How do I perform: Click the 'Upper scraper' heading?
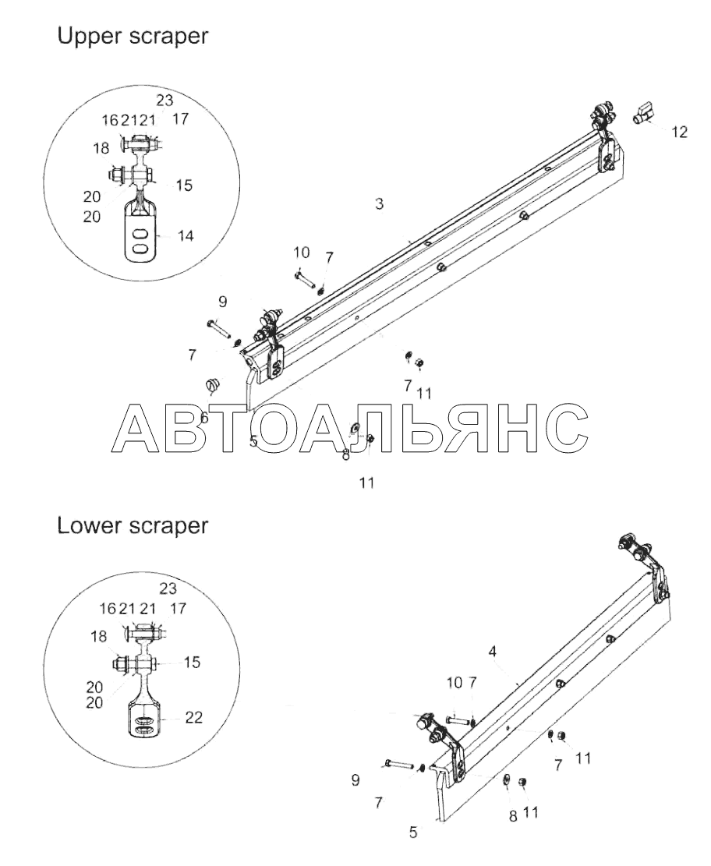click(x=133, y=37)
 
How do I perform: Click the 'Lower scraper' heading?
click(x=133, y=526)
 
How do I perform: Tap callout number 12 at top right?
click(x=680, y=132)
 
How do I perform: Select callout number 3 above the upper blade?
click(x=379, y=203)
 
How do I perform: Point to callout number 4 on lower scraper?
click(x=492, y=652)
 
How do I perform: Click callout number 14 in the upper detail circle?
click(x=186, y=236)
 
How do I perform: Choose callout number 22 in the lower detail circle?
click(x=194, y=717)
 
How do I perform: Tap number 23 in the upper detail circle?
click(x=164, y=100)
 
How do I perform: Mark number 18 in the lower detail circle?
click(x=98, y=637)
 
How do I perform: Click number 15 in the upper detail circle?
click(x=184, y=185)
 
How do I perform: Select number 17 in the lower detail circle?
click(x=178, y=609)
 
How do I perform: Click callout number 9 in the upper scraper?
click(x=223, y=302)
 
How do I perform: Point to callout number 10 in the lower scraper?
click(x=455, y=683)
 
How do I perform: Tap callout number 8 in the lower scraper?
click(x=513, y=816)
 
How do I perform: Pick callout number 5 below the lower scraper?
click(x=413, y=832)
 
